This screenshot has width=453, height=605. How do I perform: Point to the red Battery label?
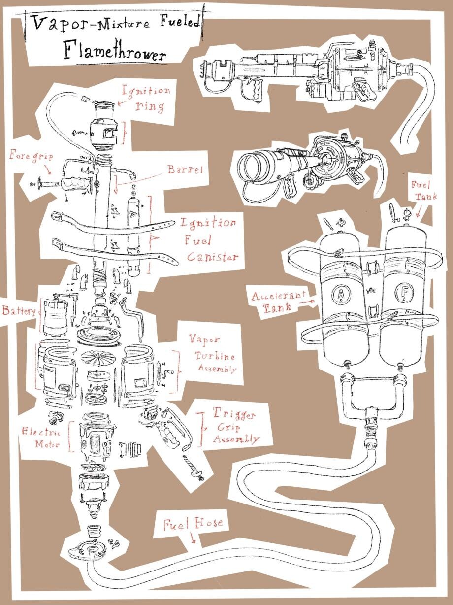pos(19,311)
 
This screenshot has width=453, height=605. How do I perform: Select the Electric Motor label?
pos(41,438)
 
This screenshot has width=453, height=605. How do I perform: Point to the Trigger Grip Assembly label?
pos(235,427)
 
